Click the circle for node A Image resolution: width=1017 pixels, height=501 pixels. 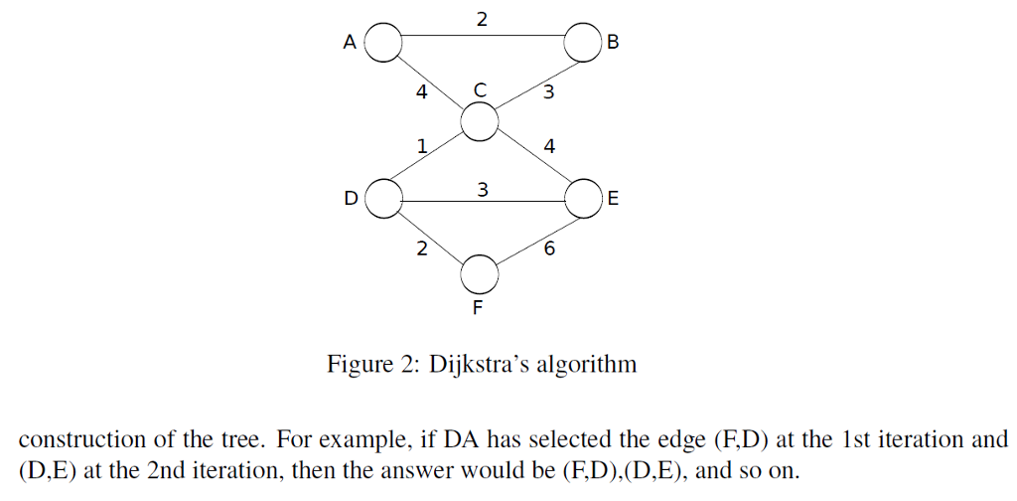[x=384, y=43]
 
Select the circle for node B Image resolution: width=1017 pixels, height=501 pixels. [x=581, y=43]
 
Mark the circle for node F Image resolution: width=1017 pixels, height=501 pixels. [x=479, y=270]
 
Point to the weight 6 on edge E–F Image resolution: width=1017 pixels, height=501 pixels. [x=550, y=250]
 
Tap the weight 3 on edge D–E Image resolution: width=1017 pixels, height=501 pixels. [x=482, y=188]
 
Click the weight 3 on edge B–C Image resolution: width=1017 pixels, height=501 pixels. [x=548, y=94]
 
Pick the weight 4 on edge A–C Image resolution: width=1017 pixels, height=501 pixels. [x=421, y=94]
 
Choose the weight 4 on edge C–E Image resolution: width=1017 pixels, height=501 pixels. [x=549, y=147]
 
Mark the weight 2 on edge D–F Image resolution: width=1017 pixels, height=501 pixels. [x=421, y=250]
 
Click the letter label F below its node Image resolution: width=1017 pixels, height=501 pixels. [x=478, y=308]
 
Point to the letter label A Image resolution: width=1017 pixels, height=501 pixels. [x=349, y=43]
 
